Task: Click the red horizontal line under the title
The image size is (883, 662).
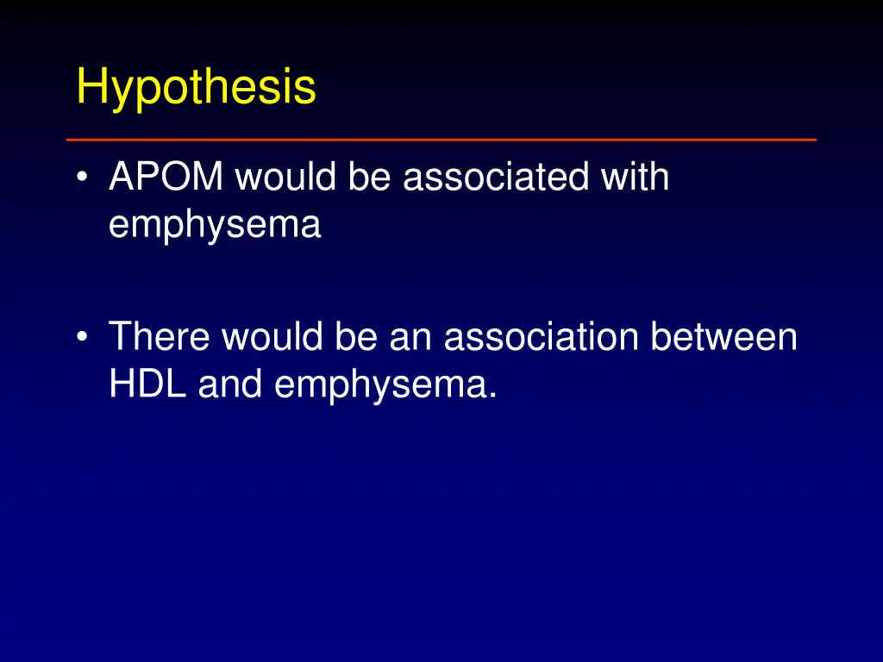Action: (441, 139)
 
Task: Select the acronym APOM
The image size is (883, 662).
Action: (166, 178)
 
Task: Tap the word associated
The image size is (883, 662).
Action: (496, 178)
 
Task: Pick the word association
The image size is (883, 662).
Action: (541, 336)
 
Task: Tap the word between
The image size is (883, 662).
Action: (723, 336)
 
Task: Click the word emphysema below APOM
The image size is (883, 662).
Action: (215, 226)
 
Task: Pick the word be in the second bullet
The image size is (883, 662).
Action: (357, 336)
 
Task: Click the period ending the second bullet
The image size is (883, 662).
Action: (492, 396)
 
